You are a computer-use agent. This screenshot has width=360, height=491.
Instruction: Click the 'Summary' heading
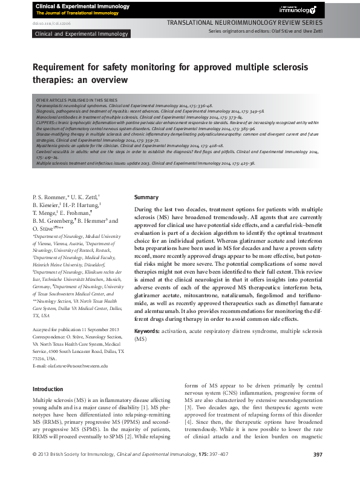pos(146,197)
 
